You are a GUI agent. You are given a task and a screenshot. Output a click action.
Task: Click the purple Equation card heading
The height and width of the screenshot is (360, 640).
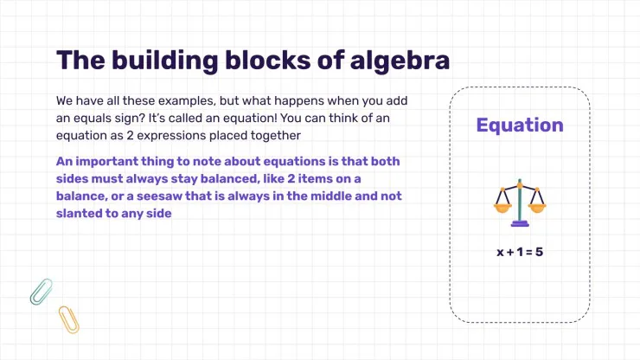(519, 125)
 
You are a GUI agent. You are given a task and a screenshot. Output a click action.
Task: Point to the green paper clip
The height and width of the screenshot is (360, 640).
(41, 291)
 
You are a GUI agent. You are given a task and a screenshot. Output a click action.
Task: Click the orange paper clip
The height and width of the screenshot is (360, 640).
(68, 319)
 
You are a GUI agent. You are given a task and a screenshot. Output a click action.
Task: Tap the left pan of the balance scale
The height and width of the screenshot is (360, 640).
(501, 207)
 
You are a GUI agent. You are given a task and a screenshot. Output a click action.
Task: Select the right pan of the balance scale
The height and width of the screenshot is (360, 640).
(537, 207)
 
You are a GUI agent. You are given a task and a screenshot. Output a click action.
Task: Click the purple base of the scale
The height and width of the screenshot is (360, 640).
(519, 223)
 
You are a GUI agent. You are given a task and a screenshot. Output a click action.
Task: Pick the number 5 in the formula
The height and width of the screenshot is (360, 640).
(539, 253)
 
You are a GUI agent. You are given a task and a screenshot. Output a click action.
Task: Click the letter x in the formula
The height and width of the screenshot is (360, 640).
(500, 253)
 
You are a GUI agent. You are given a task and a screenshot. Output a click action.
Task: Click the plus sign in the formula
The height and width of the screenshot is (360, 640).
(509, 253)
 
